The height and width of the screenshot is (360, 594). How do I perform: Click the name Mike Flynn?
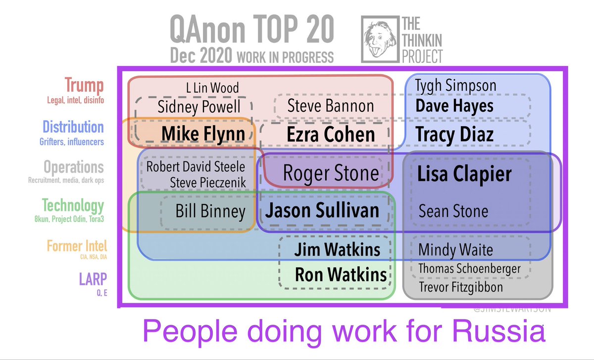tap(203, 134)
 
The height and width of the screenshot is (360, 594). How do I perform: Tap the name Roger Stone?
tap(331, 173)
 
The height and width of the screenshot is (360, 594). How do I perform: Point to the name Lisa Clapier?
tap(464, 174)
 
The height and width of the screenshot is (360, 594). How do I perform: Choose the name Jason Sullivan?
tap(322, 211)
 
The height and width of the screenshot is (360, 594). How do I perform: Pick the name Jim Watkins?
tap(337, 250)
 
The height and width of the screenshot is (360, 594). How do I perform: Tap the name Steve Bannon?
tap(331, 105)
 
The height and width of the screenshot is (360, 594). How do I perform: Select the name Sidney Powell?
tap(199, 106)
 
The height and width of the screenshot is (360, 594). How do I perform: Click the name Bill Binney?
tap(210, 211)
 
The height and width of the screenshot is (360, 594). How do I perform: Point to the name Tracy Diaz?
tap(454, 134)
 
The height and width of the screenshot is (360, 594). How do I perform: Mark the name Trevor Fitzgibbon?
tap(461, 287)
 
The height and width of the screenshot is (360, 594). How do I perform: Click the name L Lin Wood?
tap(212, 89)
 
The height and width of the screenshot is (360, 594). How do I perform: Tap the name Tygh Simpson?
tap(455, 86)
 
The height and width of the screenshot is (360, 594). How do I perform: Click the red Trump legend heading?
tap(85, 86)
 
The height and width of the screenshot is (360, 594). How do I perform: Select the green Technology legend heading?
tap(73, 205)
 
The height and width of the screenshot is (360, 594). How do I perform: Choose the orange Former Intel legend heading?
tap(77, 246)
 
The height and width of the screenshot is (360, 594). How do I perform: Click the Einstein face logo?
tap(378, 39)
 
